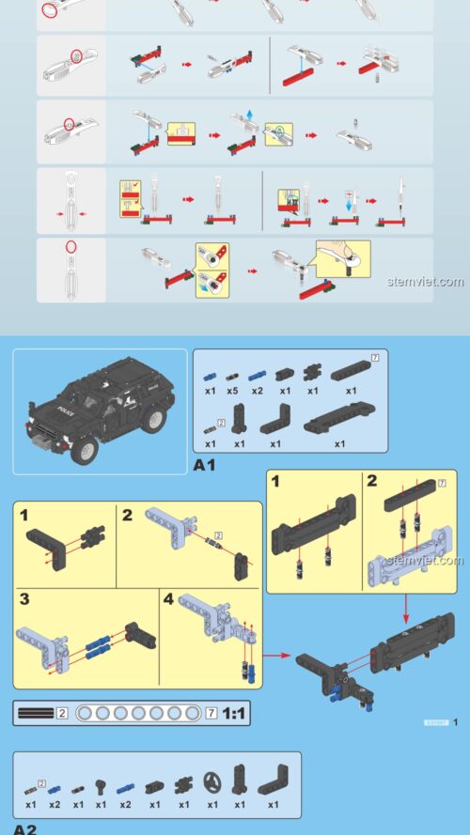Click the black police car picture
click(x=99, y=410)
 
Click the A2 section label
click(x=24, y=829)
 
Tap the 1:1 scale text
click(x=234, y=713)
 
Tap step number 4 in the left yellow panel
click(x=167, y=599)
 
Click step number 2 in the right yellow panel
click(x=371, y=482)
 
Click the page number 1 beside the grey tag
click(x=455, y=722)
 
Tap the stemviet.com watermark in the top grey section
click(x=425, y=281)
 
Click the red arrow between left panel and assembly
click(x=274, y=657)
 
